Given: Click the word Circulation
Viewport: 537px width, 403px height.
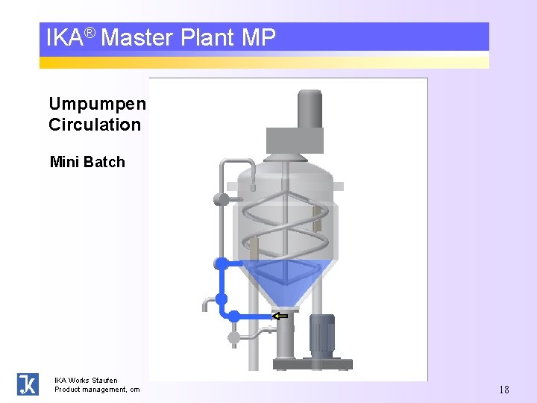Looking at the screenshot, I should click(x=95, y=125).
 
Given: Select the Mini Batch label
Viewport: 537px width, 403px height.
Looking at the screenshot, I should click(x=87, y=162).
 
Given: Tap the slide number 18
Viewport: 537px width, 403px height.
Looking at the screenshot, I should click(x=503, y=390).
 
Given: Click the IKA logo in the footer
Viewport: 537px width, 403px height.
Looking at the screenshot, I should click(x=28, y=384).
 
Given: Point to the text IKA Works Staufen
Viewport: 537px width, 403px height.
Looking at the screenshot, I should click(x=86, y=381).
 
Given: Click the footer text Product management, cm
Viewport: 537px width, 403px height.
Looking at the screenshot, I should click(x=97, y=390).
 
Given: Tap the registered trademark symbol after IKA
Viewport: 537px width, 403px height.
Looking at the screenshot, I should click(x=89, y=33).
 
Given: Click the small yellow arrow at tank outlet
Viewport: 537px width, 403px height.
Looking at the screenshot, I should click(x=280, y=316).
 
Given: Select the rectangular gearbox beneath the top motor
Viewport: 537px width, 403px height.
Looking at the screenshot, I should click(x=295, y=140).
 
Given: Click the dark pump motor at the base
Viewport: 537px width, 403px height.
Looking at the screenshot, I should click(x=322, y=334).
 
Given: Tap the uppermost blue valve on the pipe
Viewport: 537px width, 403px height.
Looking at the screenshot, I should click(x=221, y=263).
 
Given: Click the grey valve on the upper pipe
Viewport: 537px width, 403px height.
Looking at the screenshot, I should click(x=221, y=199).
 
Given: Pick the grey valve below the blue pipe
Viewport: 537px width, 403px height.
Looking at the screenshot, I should click(x=234, y=337).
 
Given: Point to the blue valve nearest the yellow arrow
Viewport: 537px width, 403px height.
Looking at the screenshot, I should click(x=234, y=316).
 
